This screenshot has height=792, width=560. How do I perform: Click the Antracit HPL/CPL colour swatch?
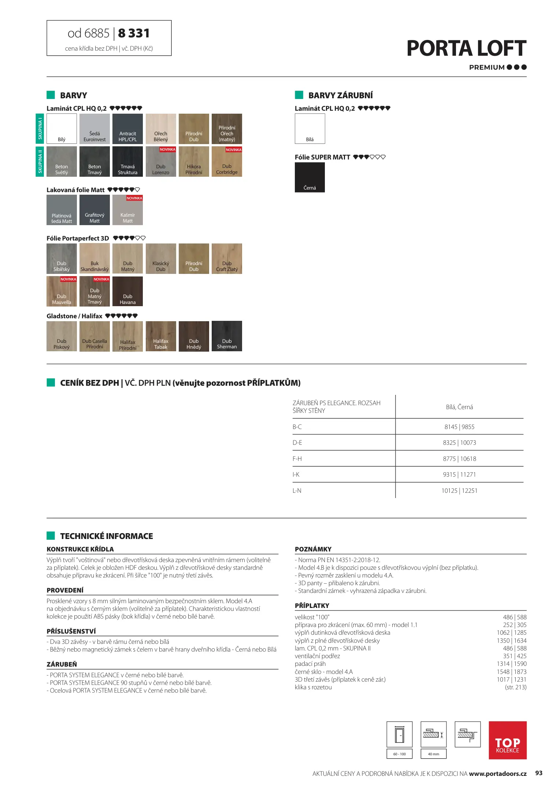click(x=127, y=129)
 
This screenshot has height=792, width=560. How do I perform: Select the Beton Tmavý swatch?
click(x=94, y=162)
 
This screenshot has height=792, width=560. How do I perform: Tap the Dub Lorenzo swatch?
click(x=161, y=162)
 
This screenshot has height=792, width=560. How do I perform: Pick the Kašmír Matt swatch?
click(x=127, y=210)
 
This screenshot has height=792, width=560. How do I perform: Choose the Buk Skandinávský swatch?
click(x=94, y=258)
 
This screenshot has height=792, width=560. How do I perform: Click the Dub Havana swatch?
click(x=127, y=291)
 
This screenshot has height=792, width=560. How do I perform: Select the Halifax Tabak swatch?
click(x=161, y=336)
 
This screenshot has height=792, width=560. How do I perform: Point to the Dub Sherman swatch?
click(x=227, y=336)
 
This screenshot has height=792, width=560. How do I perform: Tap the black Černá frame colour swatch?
click(x=310, y=177)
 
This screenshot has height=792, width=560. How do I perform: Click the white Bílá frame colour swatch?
click(x=310, y=129)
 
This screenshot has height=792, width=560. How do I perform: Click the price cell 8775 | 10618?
click(x=459, y=459)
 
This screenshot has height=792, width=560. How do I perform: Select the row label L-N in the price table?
click(x=297, y=491)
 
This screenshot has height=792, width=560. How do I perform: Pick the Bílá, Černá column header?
click(x=459, y=407)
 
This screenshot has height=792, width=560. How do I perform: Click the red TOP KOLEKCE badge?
click(x=507, y=740)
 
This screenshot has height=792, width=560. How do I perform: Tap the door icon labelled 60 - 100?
click(x=400, y=734)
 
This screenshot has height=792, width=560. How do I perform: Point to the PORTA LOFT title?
click(x=466, y=48)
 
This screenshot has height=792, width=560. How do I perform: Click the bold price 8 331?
click(x=134, y=33)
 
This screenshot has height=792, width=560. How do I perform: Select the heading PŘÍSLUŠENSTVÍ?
click(x=71, y=631)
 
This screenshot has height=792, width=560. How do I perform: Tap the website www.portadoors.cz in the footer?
click(x=497, y=774)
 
